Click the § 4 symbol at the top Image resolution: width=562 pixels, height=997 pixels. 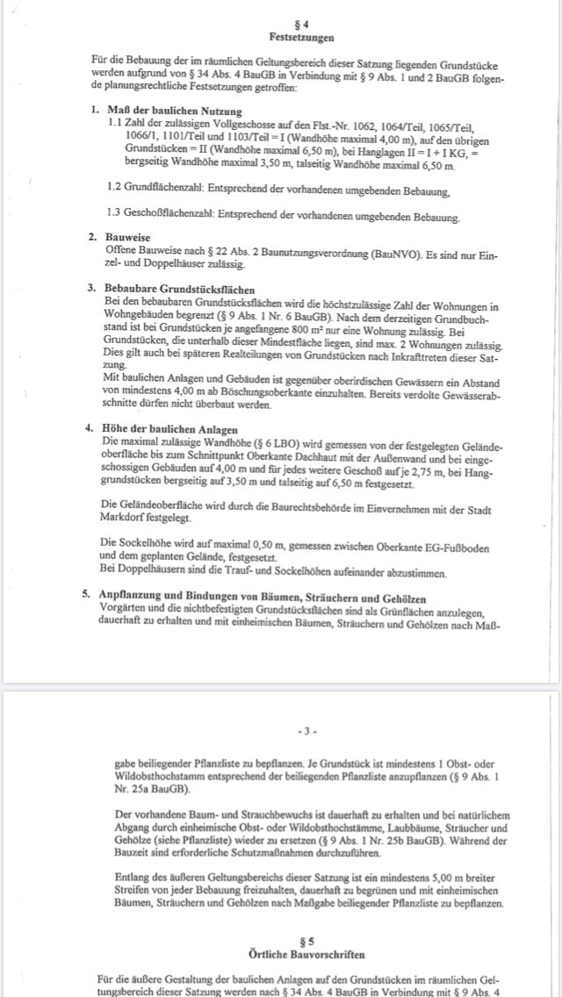[301, 26]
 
